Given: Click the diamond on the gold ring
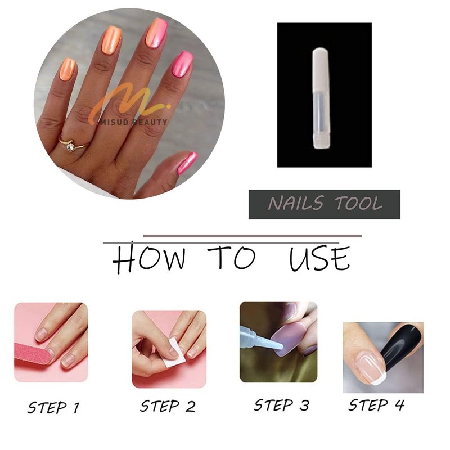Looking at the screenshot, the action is [x=70, y=147].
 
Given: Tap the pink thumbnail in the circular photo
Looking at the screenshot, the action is [x=188, y=163].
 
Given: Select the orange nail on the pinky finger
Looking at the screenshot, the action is [x=67, y=69].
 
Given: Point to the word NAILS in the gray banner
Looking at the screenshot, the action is [x=296, y=204].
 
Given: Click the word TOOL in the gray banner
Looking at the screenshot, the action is [x=359, y=204].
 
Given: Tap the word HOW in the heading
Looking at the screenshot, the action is [x=148, y=257].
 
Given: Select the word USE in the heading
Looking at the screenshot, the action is [x=319, y=258].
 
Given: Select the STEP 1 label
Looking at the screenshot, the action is [x=53, y=407].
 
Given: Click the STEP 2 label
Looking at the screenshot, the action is [x=168, y=406].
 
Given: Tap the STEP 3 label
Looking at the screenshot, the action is [x=281, y=405].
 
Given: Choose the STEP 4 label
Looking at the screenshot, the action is [x=376, y=404].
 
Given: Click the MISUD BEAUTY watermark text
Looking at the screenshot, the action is [x=134, y=122].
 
